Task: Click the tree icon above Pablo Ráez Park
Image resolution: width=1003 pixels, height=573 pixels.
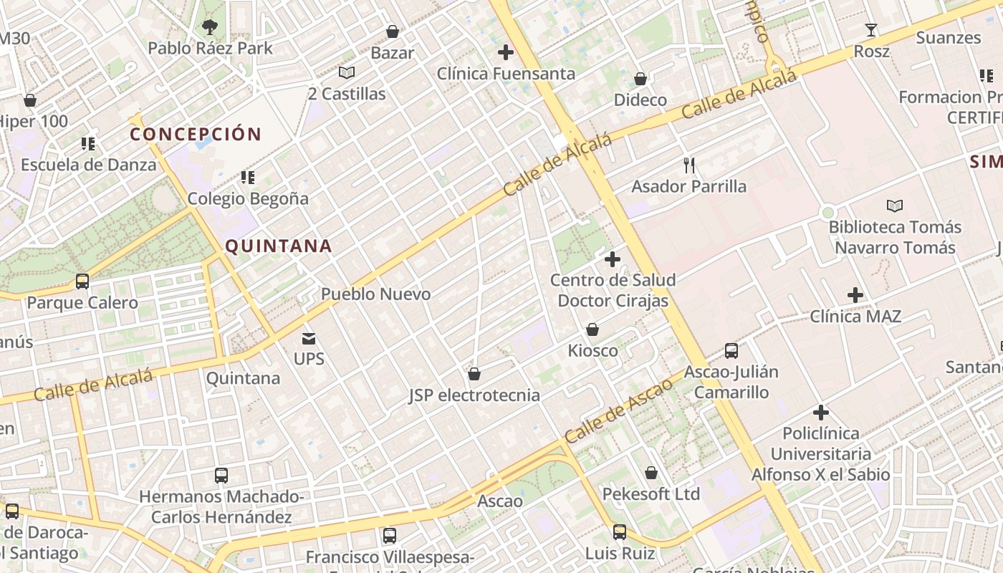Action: click(x=209, y=28)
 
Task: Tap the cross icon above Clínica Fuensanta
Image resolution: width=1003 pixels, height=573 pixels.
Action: click(x=506, y=52)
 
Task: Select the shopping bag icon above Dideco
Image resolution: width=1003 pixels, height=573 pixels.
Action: click(x=640, y=78)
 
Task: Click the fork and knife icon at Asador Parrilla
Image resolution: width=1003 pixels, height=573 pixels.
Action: click(x=689, y=165)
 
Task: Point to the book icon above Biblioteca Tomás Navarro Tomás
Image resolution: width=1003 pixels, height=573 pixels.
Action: click(x=895, y=206)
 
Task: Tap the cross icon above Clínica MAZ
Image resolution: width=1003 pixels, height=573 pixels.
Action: click(x=855, y=294)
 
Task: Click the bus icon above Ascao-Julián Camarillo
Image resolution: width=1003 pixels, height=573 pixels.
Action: click(x=731, y=351)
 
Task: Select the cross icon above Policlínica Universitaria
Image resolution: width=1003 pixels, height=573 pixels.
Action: click(x=821, y=413)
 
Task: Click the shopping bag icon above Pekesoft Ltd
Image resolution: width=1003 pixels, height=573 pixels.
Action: click(x=651, y=473)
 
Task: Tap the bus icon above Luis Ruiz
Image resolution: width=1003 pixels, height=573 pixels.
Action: click(x=620, y=532)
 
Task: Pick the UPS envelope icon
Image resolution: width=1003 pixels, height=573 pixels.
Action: click(x=309, y=338)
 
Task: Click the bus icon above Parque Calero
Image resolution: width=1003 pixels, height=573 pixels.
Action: click(x=82, y=281)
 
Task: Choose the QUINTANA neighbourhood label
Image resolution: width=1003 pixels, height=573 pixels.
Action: click(x=279, y=246)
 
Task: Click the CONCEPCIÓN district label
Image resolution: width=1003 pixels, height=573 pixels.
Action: click(x=196, y=134)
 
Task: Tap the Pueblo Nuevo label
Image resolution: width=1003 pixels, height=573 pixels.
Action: click(x=375, y=294)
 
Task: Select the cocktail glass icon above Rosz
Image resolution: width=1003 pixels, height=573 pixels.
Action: click(x=871, y=30)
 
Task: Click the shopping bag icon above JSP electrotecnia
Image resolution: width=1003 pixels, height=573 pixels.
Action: click(x=474, y=374)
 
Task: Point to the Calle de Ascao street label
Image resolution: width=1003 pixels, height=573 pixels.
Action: click(x=618, y=410)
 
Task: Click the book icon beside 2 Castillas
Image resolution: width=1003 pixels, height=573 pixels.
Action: click(x=347, y=72)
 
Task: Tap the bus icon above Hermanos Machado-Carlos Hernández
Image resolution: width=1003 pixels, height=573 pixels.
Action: click(x=221, y=475)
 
